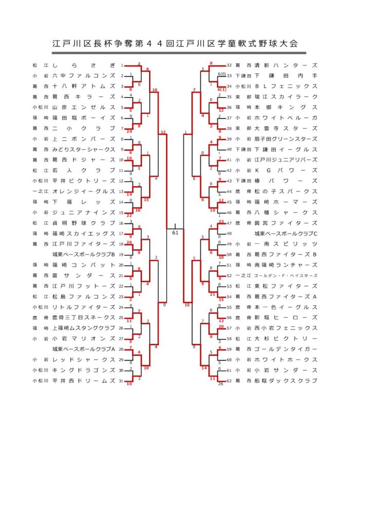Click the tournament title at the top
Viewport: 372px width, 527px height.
175,44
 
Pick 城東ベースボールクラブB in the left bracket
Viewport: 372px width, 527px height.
84,254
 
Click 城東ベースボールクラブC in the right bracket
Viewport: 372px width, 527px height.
286,233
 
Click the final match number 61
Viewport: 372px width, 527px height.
175,233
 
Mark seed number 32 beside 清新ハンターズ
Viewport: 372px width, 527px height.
230,65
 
